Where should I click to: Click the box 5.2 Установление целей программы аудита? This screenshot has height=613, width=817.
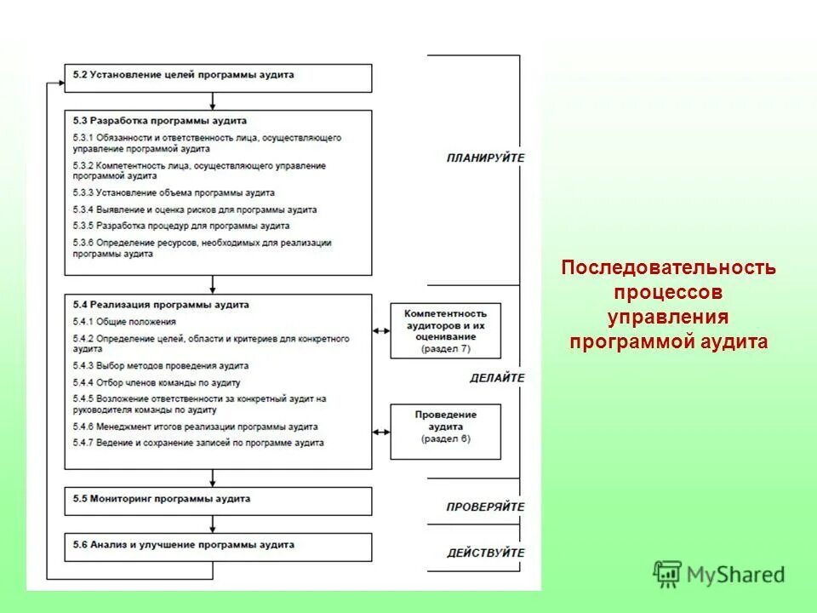coord(218,77)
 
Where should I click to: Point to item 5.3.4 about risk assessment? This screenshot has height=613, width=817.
coord(195,209)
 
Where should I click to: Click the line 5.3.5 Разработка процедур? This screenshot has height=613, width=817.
coord(181,226)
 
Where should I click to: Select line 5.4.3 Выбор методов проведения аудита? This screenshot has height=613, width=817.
coord(161,365)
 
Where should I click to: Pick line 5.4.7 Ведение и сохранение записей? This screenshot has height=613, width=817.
coord(198,443)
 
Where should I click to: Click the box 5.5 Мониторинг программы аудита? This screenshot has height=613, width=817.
coord(218,501)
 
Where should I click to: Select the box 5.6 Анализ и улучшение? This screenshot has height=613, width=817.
coord(218,546)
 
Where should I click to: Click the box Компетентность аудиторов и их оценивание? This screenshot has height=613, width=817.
coord(445,329)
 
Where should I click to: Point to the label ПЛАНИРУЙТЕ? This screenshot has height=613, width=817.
coord(485,158)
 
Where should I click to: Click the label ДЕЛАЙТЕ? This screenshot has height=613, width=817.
coord(497,378)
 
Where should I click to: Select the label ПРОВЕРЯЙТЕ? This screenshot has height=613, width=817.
coord(485,507)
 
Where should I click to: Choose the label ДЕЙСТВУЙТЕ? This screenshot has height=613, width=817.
coord(485,553)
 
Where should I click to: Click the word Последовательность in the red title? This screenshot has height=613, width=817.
coord(668,268)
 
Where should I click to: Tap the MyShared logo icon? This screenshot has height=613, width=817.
coord(667,573)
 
